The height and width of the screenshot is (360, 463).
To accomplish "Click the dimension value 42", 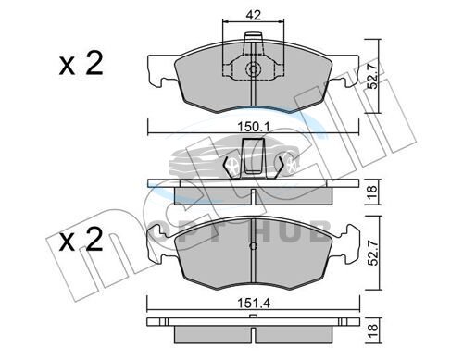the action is click(x=254, y=15).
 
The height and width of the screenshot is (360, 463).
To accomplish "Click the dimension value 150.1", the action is click(x=254, y=127).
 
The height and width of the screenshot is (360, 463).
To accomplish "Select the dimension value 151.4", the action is click(x=254, y=304).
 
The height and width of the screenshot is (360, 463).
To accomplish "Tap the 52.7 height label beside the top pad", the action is click(x=372, y=76).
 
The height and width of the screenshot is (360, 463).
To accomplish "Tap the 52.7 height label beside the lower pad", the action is click(x=373, y=253).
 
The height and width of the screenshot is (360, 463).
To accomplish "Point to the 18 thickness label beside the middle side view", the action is click(x=372, y=192).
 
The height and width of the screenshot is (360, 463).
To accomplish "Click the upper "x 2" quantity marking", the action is click(x=81, y=65).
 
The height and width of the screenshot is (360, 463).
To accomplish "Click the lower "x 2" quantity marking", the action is click(x=81, y=240).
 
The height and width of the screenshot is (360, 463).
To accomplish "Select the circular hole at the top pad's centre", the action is click(x=253, y=69).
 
